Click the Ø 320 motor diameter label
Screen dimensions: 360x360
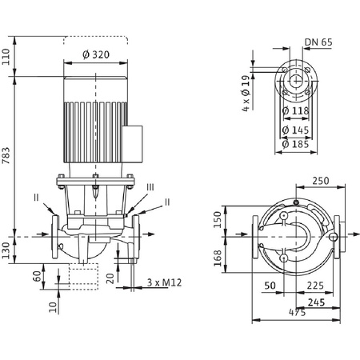(x=96, y=54)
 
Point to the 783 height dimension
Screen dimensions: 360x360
(x=6, y=155)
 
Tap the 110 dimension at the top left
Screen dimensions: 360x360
(x=6, y=57)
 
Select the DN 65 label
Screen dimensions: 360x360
(x=318, y=42)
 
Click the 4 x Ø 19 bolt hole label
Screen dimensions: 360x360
(x=246, y=94)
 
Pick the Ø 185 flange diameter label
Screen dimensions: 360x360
(x=295, y=144)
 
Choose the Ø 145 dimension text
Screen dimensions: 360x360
(x=295, y=130)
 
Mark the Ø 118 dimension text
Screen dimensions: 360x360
(x=295, y=110)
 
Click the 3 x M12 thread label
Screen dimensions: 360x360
(x=164, y=282)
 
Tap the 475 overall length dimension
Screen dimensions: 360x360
(x=297, y=312)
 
